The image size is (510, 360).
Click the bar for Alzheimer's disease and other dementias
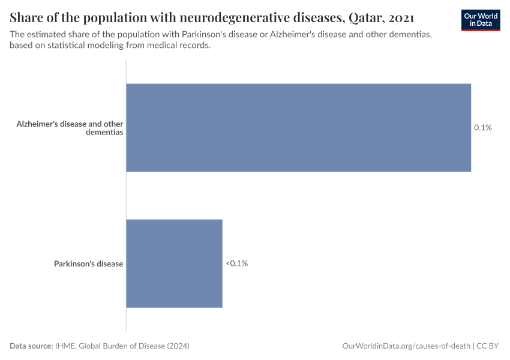298,128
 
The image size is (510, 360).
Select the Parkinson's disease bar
174,263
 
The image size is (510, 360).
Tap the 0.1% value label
482,128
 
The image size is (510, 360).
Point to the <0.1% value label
236,263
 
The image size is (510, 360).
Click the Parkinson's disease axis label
88,263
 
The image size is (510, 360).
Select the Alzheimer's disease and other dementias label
70,128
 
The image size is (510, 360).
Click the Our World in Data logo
481,20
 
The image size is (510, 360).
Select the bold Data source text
31,346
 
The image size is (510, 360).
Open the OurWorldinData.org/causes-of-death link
406,346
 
